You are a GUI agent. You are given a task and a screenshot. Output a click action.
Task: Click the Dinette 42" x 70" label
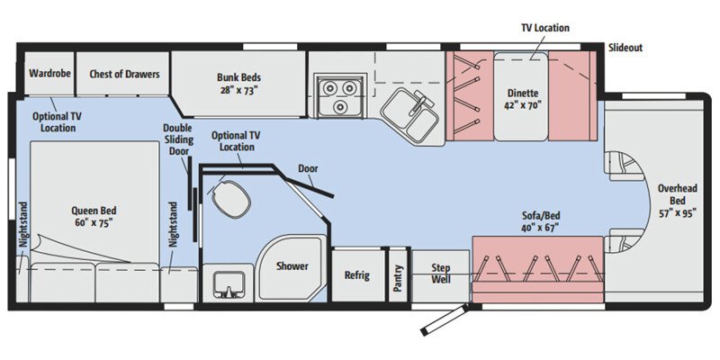[521, 96]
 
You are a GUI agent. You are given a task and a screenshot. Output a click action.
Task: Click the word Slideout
[625, 47]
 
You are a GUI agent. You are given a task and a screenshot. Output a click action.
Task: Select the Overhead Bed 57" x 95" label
[678, 202]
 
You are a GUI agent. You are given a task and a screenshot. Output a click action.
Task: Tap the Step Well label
[440, 274]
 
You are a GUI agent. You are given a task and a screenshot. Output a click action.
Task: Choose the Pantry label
[399, 276]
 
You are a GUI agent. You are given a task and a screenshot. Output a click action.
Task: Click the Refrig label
[356, 274]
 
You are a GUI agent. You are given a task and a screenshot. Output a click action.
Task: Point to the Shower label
[292, 266]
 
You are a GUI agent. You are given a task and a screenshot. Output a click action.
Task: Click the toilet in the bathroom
[229, 197]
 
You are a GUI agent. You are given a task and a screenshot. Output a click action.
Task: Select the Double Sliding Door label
[177, 139]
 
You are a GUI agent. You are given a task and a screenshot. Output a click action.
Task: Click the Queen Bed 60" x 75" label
[93, 216]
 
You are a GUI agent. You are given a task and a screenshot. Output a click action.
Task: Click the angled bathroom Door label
[307, 168]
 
